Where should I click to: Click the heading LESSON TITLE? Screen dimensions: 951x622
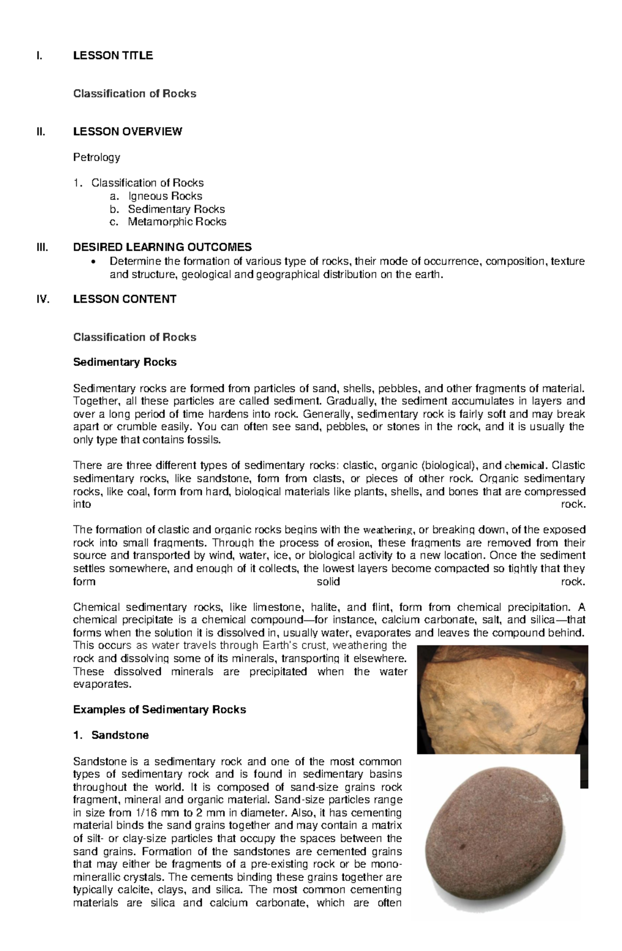[113, 55]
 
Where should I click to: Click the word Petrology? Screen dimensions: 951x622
[96, 157]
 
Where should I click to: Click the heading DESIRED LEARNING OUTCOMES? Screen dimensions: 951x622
[162, 247]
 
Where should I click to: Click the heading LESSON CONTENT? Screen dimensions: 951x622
[124, 299]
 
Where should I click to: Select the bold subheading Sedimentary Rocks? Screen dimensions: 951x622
[124, 362]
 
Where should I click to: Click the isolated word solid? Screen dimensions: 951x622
[328, 581]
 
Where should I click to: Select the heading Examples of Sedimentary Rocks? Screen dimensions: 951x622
[159, 709]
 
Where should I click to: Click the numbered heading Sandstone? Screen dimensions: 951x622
[120, 735]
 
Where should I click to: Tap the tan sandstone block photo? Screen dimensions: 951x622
[502, 699]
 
